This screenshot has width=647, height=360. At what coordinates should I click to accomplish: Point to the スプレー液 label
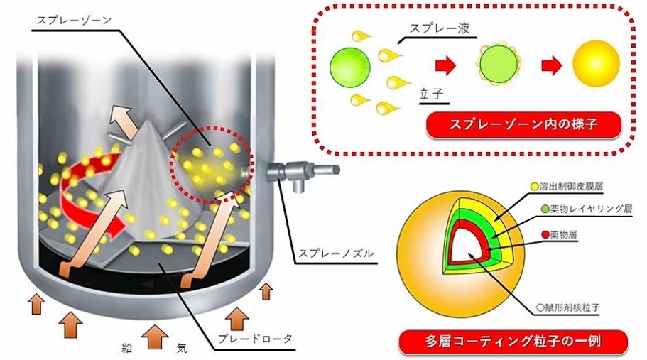(x=440, y=29)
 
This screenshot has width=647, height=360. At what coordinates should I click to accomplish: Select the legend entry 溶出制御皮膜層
(x=572, y=187)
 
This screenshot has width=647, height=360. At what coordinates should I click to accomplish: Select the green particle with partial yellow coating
(x=496, y=66)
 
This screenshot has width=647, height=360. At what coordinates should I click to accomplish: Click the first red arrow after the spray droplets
(x=444, y=66)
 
